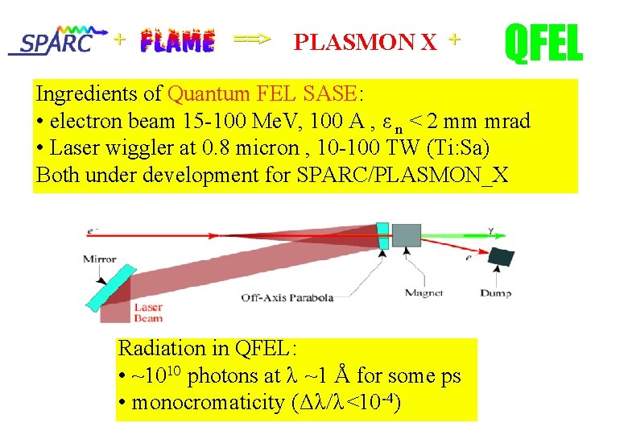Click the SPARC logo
58,40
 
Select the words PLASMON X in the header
366,43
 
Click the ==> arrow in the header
252,38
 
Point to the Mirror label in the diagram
100,259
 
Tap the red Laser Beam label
148,313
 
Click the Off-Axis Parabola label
287,297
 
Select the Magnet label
423,293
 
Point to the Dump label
495,293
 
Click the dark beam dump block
502,256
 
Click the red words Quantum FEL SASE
263,93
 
